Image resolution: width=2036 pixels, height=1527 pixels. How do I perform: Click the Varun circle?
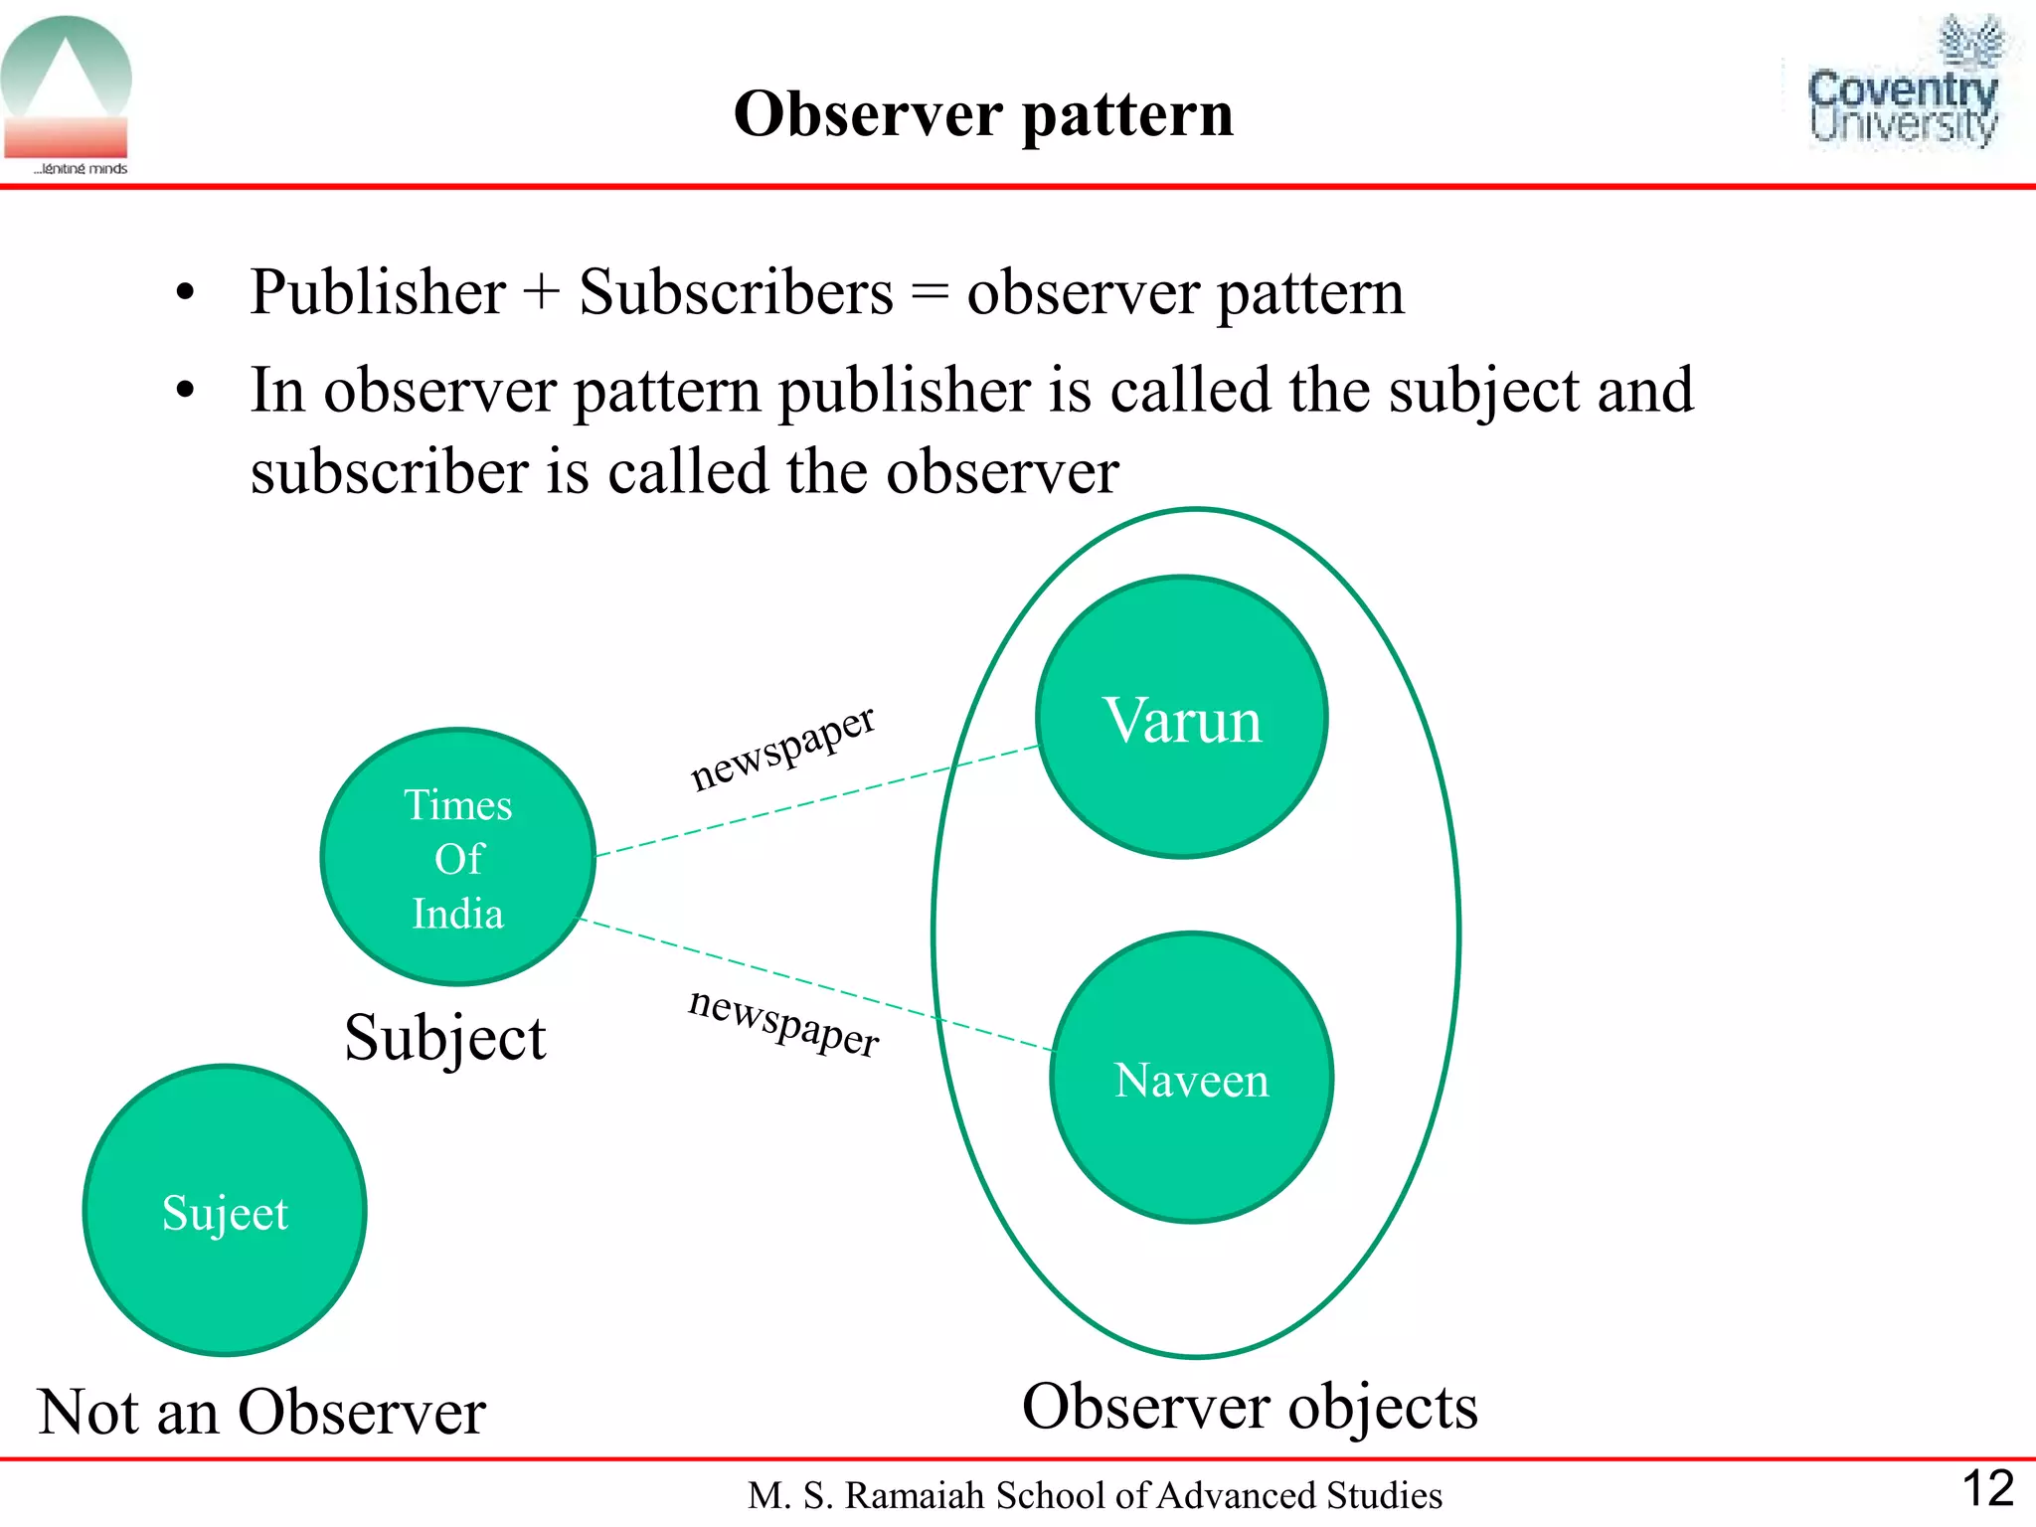(1182, 717)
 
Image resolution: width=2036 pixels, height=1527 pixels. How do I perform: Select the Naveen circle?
(1191, 1078)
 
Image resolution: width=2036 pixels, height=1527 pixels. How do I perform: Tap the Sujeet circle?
(225, 1210)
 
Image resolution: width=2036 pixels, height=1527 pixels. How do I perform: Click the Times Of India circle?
(458, 857)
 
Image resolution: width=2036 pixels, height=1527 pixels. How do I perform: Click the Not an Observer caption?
(261, 1412)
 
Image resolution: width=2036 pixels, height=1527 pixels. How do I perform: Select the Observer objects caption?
(1250, 1407)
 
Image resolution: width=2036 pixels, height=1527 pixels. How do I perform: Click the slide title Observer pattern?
(983, 113)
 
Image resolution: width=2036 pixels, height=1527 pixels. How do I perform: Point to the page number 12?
(1987, 1488)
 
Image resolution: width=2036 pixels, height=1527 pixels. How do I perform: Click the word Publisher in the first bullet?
(378, 292)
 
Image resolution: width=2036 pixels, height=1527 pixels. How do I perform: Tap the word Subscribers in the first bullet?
(736, 292)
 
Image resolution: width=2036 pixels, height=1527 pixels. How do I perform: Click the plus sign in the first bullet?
(542, 294)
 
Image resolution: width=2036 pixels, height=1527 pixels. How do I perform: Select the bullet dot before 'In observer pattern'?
(185, 391)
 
